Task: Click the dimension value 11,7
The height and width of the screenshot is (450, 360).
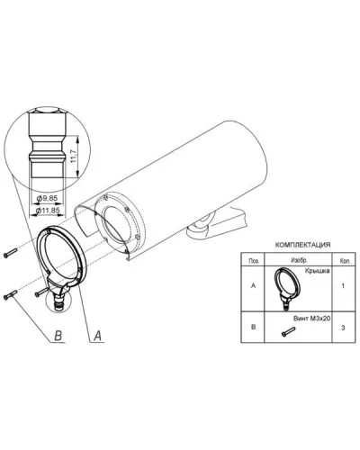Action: [x=74, y=157]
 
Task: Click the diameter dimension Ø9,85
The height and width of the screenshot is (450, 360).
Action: [x=47, y=198]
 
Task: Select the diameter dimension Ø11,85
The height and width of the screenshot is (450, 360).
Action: [x=48, y=211]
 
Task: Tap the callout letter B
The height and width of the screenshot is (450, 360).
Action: [x=58, y=336]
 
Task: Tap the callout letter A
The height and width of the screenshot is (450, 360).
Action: [x=97, y=336]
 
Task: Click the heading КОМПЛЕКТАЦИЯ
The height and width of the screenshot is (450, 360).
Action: [x=302, y=245]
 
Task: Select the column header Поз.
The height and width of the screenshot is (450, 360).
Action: [x=254, y=261]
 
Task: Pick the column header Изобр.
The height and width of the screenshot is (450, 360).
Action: [x=300, y=260]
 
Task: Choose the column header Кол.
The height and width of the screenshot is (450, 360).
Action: [x=346, y=261]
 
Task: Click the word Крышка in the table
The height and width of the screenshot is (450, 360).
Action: [x=318, y=271]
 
